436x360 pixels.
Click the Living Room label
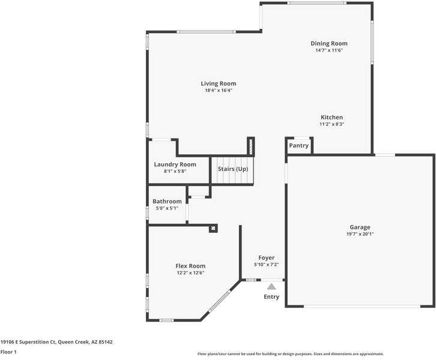click(x=219, y=83)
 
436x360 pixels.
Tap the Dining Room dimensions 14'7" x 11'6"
click(x=329, y=50)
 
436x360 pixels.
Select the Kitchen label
click(x=332, y=117)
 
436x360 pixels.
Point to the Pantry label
click(x=298, y=146)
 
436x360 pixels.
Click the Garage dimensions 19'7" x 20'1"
click(x=360, y=234)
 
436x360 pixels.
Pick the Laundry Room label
click(x=175, y=164)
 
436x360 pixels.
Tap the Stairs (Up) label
click(x=233, y=169)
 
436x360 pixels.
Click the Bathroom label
click(x=167, y=201)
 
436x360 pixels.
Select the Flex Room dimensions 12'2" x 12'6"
click(x=190, y=273)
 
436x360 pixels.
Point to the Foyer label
click(x=267, y=258)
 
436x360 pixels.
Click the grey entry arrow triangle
click(x=271, y=286)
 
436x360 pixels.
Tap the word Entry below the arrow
click(x=271, y=296)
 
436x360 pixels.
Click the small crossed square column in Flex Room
click(x=213, y=229)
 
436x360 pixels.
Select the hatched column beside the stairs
click(x=250, y=146)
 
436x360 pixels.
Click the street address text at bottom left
click(x=56, y=342)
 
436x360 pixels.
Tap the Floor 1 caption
click(x=8, y=352)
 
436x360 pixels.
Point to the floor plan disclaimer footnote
click(x=291, y=354)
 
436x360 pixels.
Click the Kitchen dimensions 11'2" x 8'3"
click(x=332, y=124)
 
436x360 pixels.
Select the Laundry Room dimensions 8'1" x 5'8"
click(x=175, y=172)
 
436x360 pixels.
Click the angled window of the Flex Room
click(x=220, y=301)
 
